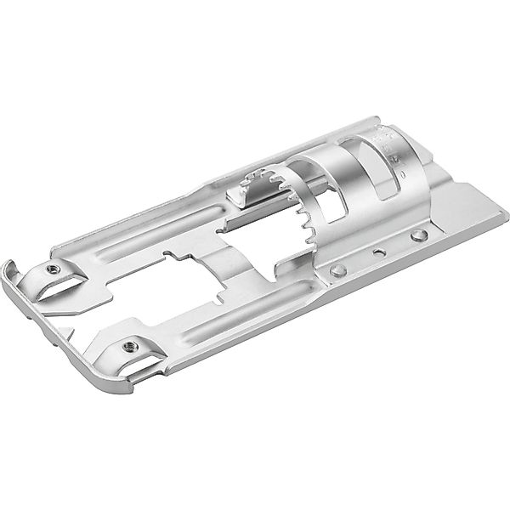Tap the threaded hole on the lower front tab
pyautogui.click(x=130, y=345)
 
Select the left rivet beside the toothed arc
pyautogui.click(x=337, y=270)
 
